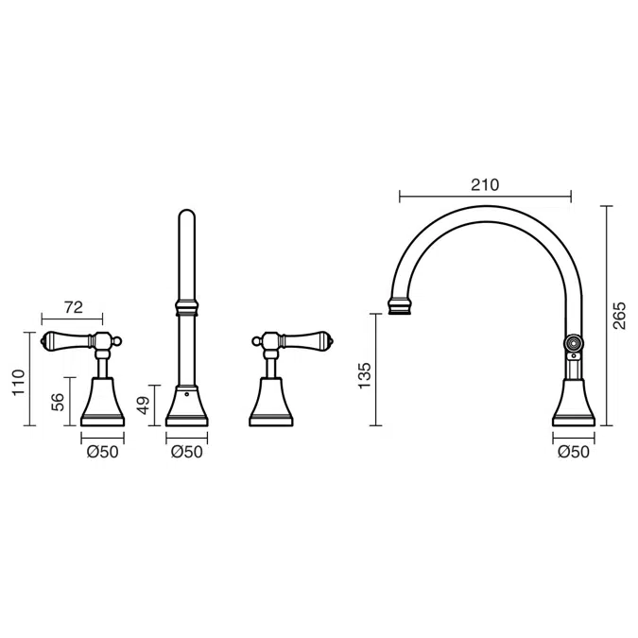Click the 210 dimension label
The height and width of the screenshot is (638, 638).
click(x=485, y=185)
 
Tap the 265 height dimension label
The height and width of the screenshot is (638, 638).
click(x=619, y=316)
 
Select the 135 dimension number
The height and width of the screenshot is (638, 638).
click(x=365, y=375)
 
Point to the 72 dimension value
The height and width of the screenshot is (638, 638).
click(x=74, y=307)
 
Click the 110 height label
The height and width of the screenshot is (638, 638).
click(x=19, y=382)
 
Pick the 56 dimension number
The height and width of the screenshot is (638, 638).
click(x=58, y=402)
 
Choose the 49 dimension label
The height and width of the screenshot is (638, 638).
click(x=144, y=405)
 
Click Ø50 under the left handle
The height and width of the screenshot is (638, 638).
click(x=102, y=452)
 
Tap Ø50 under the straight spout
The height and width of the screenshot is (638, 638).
click(x=187, y=452)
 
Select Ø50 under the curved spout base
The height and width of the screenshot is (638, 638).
click(x=574, y=452)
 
